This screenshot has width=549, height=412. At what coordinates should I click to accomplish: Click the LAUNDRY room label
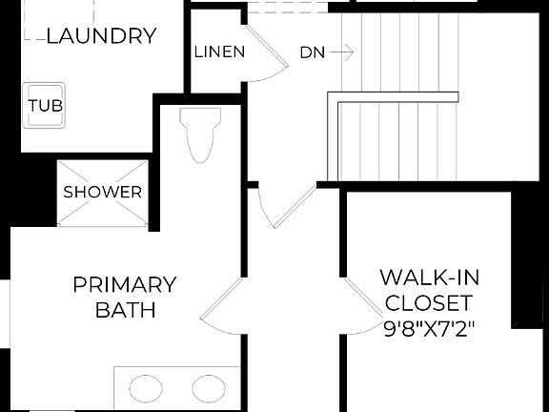101,37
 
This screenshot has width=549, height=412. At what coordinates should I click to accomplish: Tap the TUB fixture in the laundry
45,106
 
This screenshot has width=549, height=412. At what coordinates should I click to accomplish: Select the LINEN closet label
219,51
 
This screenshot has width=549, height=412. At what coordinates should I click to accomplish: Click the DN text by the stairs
312,51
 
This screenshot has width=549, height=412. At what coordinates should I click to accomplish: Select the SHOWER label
102,192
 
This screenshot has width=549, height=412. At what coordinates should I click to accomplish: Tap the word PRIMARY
125,284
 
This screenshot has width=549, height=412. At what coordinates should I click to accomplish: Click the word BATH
125,310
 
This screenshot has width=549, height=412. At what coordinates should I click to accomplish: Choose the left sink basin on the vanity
145,388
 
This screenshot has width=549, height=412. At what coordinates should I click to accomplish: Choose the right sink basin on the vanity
208,388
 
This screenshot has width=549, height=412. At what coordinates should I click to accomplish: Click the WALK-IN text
429,278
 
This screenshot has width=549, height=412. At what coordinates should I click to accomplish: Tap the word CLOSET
429,303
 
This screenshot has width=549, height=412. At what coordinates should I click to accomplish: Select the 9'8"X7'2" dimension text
429,329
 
